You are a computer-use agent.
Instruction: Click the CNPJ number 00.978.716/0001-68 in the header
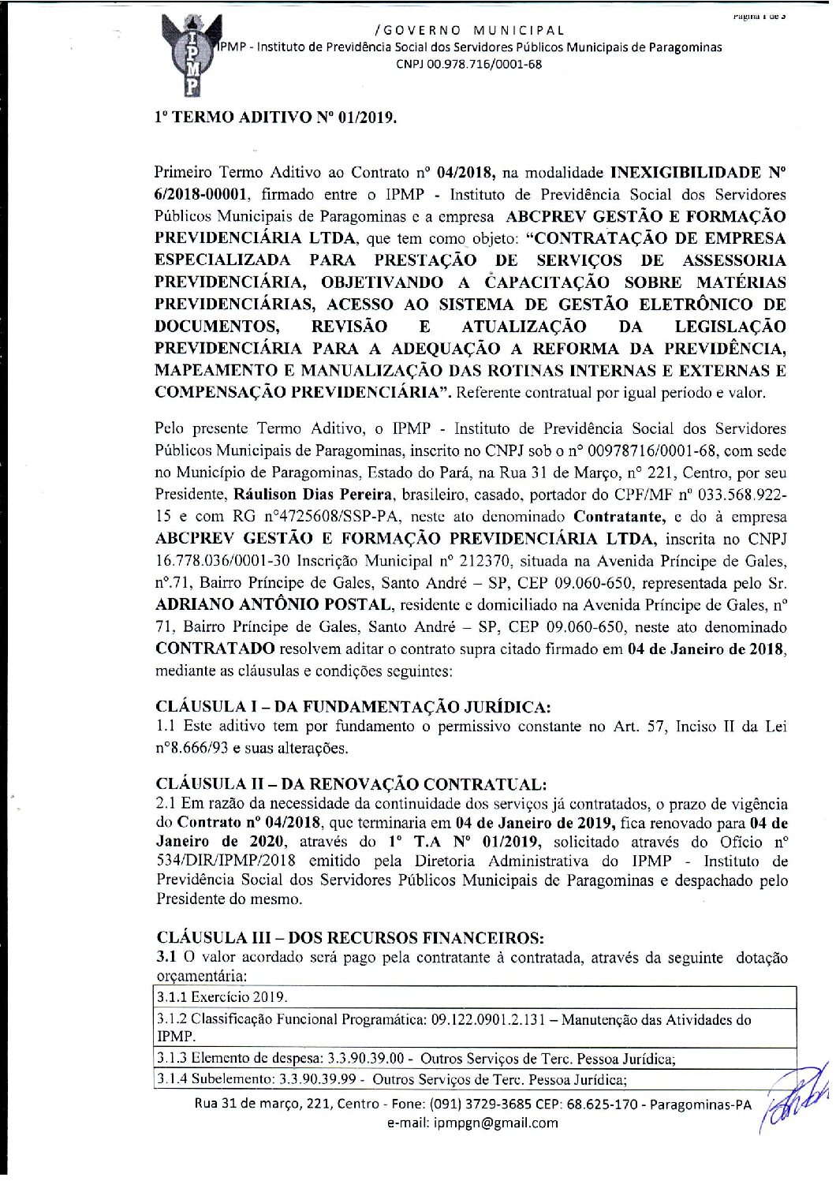(468, 65)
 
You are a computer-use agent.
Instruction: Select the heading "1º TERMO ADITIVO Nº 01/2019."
(275, 118)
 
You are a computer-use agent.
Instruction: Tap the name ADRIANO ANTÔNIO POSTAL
(273, 605)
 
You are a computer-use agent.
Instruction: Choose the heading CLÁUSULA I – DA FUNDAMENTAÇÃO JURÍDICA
(354, 707)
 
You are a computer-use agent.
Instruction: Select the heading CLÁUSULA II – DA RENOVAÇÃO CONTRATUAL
(351, 784)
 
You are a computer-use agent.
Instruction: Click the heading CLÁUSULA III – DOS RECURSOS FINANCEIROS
(350, 938)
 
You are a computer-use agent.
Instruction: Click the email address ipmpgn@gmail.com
(496, 1123)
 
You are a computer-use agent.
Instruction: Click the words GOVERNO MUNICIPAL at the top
(471, 31)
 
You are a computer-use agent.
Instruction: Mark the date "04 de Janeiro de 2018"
(706, 649)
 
